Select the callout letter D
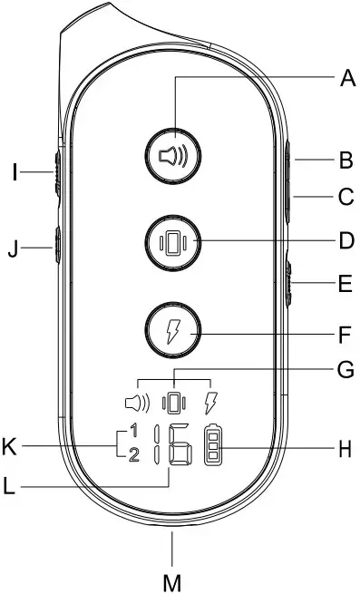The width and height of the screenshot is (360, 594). coord(345,241)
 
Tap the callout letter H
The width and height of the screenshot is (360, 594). coord(345,448)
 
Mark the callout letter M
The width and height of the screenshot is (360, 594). coord(172,578)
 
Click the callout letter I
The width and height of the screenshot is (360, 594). coord(15,170)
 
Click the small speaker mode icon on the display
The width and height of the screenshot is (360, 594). coord(136,399)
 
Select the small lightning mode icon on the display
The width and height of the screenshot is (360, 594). coord(212,399)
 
